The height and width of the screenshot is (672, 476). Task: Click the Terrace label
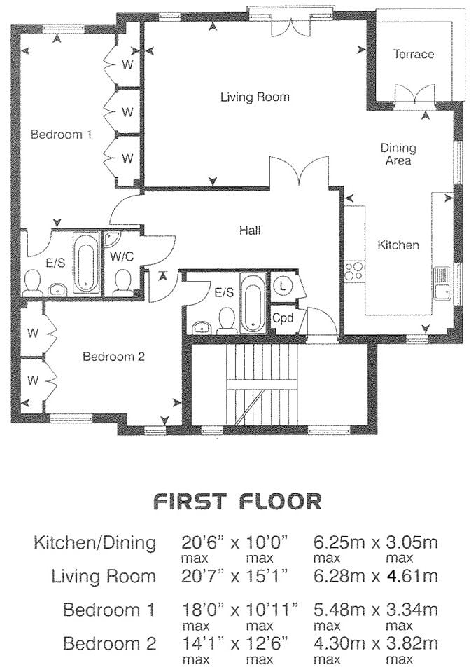pyautogui.click(x=414, y=54)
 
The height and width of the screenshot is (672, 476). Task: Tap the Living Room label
pyautogui.click(x=255, y=97)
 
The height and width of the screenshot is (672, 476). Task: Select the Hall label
pyautogui.click(x=250, y=231)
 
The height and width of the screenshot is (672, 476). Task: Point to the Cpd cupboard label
pyautogui.click(x=283, y=318)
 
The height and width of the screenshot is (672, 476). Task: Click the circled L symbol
pyautogui.click(x=283, y=285)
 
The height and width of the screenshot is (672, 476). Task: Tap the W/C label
pyautogui.click(x=122, y=256)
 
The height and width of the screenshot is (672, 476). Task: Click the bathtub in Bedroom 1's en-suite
pyautogui.click(x=86, y=263)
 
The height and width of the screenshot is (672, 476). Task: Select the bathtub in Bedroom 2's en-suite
pyautogui.click(x=253, y=302)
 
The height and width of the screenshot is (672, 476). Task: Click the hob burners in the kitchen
pyautogui.click(x=354, y=271)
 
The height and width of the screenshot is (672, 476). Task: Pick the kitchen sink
pyautogui.click(x=442, y=284)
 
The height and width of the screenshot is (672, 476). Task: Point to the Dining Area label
pyautogui.click(x=398, y=154)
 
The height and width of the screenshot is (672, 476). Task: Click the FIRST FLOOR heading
pyautogui.click(x=237, y=502)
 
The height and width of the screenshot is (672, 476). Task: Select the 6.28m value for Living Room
pyautogui.click(x=339, y=575)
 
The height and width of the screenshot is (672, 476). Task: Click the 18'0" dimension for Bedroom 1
pyautogui.click(x=204, y=609)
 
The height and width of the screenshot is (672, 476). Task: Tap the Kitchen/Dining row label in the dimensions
pyautogui.click(x=95, y=543)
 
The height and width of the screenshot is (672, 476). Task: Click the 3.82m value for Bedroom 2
pyautogui.click(x=412, y=643)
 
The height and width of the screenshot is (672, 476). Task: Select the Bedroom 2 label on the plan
pyautogui.click(x=114, y=357)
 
